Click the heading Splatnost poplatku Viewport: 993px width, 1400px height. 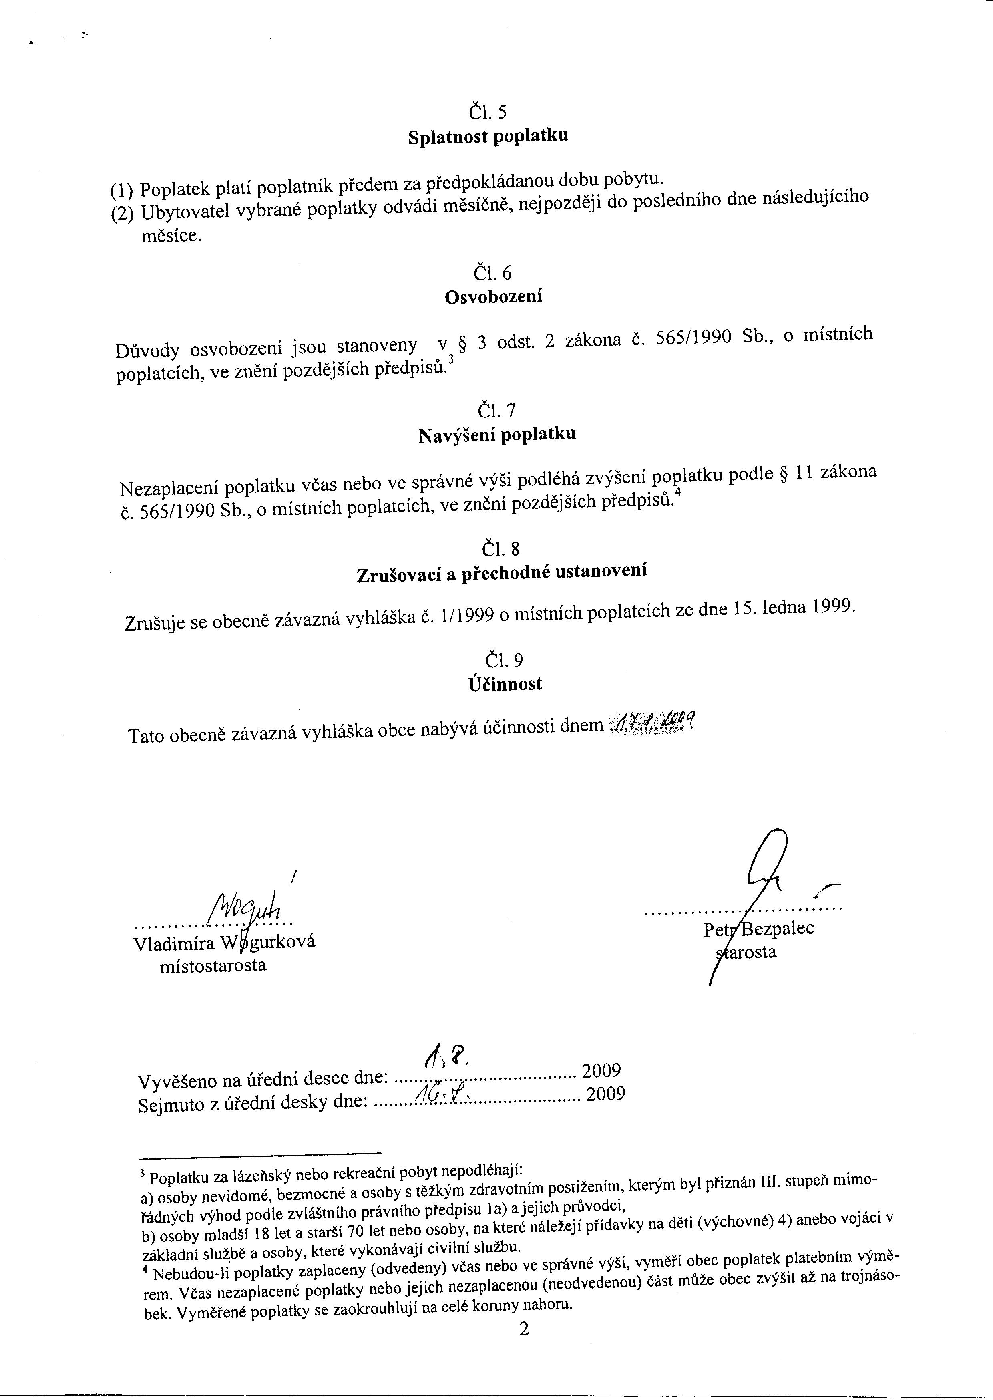488,136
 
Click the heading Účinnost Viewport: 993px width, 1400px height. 505,684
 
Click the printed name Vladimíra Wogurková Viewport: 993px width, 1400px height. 224,943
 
